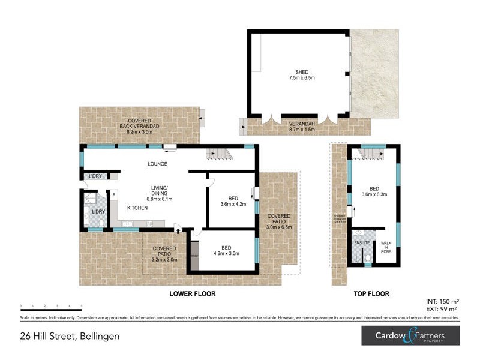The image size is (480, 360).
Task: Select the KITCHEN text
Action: tap(137, 208)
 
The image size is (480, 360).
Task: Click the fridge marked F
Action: tap(113, 194)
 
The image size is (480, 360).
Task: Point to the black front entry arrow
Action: tap(178, 229)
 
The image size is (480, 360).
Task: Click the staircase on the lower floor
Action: tap(219, 155)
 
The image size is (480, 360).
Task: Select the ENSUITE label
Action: tap(362, 242)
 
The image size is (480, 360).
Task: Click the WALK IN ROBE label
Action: tap(385, 247)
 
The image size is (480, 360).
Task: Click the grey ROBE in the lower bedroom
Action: tap(194, 256)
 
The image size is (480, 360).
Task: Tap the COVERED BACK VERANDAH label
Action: tap(139, 124)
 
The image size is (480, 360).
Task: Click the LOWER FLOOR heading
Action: tap(193, 294)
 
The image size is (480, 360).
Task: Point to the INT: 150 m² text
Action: tap(442, 301)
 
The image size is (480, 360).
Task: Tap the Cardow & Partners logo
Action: tap(410, 335)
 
